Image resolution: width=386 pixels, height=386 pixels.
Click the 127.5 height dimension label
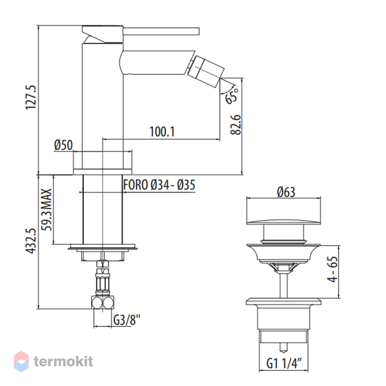pyautogui.click(x=31, y=98)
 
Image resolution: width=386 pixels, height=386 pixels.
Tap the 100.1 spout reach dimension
pyautogui.click(x=162, y=132)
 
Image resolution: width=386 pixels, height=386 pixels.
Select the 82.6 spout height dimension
pyautogui.click(x=236, y=125)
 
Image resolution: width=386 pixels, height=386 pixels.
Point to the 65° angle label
pyautogui.click(x=232, y=96)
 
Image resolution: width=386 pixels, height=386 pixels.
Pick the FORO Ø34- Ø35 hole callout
pyautogui.click(x=159, y=185)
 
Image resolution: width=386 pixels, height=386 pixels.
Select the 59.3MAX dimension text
pyautogui.click(x=46, y=210)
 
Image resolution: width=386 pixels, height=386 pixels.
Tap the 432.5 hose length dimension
pyautogui.click(x=31, y=241)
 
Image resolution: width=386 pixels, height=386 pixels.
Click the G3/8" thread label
pyautogui.click(x=126, y=320)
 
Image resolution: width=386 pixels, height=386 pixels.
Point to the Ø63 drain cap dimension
pyautogui.click(x=286, y=192)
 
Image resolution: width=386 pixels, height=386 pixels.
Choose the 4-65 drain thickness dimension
pyautogui.click(x=333, y=269)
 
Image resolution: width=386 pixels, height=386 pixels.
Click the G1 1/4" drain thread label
pyautogui.click(x=284, y=363)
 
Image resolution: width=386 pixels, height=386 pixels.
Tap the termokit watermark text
pyautogui.click(x=63, y=361)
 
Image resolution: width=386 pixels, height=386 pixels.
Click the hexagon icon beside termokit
pyautogui.click(x=22, y=361)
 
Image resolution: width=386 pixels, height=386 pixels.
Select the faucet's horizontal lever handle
pyautogui.click(x=161, y=31)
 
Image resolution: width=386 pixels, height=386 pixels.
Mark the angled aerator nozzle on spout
pyautogui.click(x=206, y=72)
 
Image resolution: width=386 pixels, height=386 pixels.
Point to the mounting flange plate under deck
pyautogui.click(x=103, y=246)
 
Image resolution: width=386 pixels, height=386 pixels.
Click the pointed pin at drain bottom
pyautogui.click(x=283, y=347)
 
